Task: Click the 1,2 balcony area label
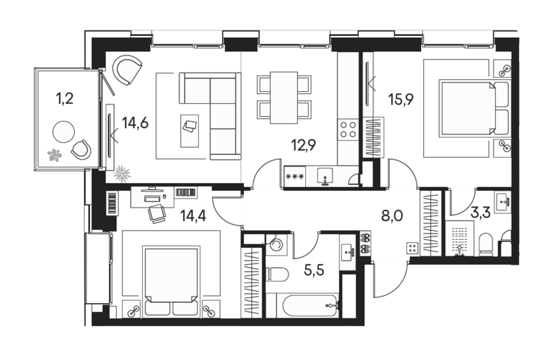65,99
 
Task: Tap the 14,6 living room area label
136,122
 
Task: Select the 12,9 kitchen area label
304,145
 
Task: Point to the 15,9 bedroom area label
401,99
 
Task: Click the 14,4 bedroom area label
193,216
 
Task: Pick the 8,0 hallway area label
392,216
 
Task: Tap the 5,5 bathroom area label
314,271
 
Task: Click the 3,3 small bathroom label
481,213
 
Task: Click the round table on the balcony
64,131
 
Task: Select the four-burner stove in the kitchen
348,130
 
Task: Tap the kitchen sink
325,176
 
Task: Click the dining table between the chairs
284,97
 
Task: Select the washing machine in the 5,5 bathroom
276,245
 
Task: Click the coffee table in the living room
190,131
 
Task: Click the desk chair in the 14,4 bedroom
157,213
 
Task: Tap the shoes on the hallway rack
365,243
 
